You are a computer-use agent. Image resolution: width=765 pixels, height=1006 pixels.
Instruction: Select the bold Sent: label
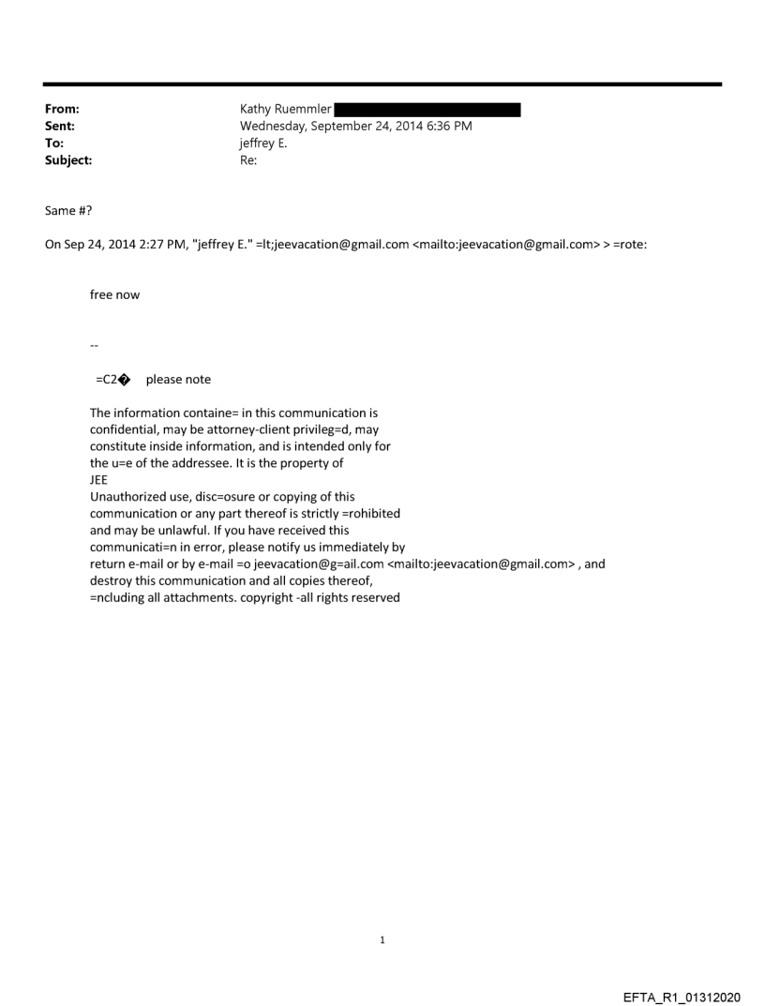(60, 126)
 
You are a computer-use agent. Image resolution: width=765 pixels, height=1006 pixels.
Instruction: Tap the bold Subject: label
(67, 159)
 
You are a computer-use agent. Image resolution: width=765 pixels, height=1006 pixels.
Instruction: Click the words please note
(178, 380)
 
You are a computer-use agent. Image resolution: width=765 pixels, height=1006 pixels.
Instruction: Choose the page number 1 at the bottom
(382, 939)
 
